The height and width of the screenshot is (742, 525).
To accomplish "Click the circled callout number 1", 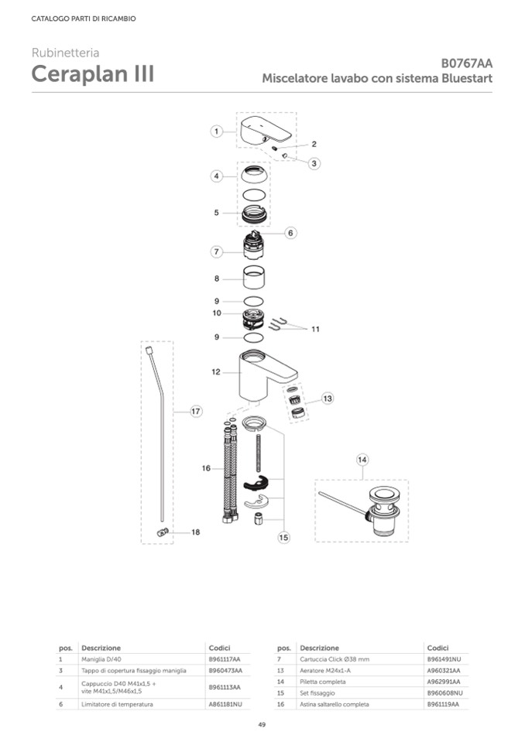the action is click(x=216, y=131).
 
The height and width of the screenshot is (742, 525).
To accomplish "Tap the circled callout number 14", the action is click(x=362, y=460).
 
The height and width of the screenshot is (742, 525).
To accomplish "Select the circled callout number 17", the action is click(x=196, y=411).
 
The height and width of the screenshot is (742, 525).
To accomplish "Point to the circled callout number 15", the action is click(x=283, y=537).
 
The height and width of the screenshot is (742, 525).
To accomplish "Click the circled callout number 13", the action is click(x=328, y=398).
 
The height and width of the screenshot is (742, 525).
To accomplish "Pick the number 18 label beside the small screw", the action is click(x=195, y=532).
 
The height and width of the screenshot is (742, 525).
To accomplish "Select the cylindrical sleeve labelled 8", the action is click(x=254, y=278).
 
